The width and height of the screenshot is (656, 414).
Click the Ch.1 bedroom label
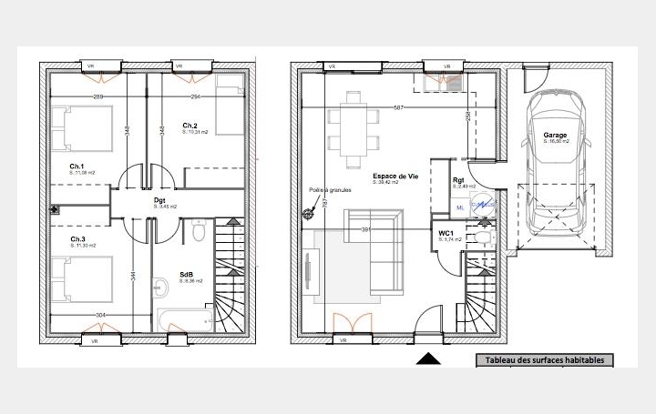(77, 166)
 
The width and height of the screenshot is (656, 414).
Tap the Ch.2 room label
(190, 126)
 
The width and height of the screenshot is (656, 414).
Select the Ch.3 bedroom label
(77, 240)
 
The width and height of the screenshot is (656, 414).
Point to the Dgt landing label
(159, 200)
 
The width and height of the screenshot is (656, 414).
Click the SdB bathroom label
(186, 274)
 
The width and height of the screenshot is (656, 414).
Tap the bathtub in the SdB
(185, 319)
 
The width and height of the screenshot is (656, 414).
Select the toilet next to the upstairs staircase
(198, 234)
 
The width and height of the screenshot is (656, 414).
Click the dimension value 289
(98, 96)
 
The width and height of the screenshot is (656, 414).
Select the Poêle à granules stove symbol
(308, 215)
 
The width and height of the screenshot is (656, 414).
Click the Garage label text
(556, 135)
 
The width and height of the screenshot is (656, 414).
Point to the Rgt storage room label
(458, 180)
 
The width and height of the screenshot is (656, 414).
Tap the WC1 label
(446, 233)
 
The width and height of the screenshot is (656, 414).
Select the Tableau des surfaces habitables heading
(544, 360)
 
